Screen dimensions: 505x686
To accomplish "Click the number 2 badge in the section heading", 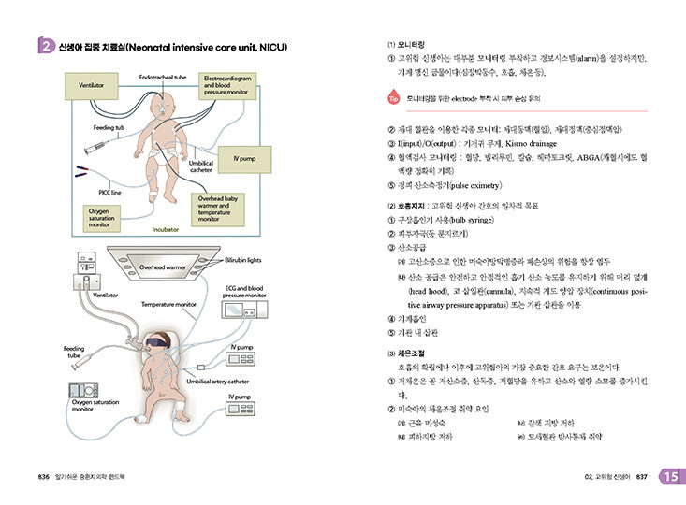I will [45, 48].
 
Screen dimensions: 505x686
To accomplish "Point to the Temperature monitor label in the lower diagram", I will [168, 304].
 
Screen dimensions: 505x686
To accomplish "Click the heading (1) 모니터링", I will [406, 44].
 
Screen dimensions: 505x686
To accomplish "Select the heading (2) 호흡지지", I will [411, 205].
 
